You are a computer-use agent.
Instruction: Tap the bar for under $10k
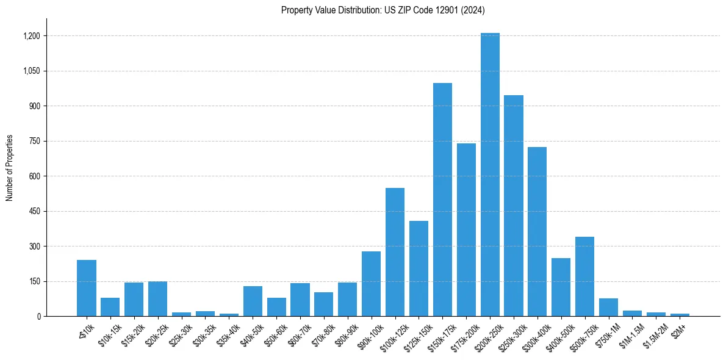[87, 289]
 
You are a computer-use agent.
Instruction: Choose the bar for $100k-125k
[395, 253]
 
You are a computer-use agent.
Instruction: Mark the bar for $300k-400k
[537, 232]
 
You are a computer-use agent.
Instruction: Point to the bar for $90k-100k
[371, 284]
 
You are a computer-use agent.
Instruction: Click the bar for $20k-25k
[157, 299]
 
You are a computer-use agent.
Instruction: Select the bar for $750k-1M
[609, 308]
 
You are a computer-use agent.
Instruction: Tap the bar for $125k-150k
[419, 269]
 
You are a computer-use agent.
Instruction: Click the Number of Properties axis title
[10, 168]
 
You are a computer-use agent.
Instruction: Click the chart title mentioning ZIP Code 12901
[383, 10]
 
